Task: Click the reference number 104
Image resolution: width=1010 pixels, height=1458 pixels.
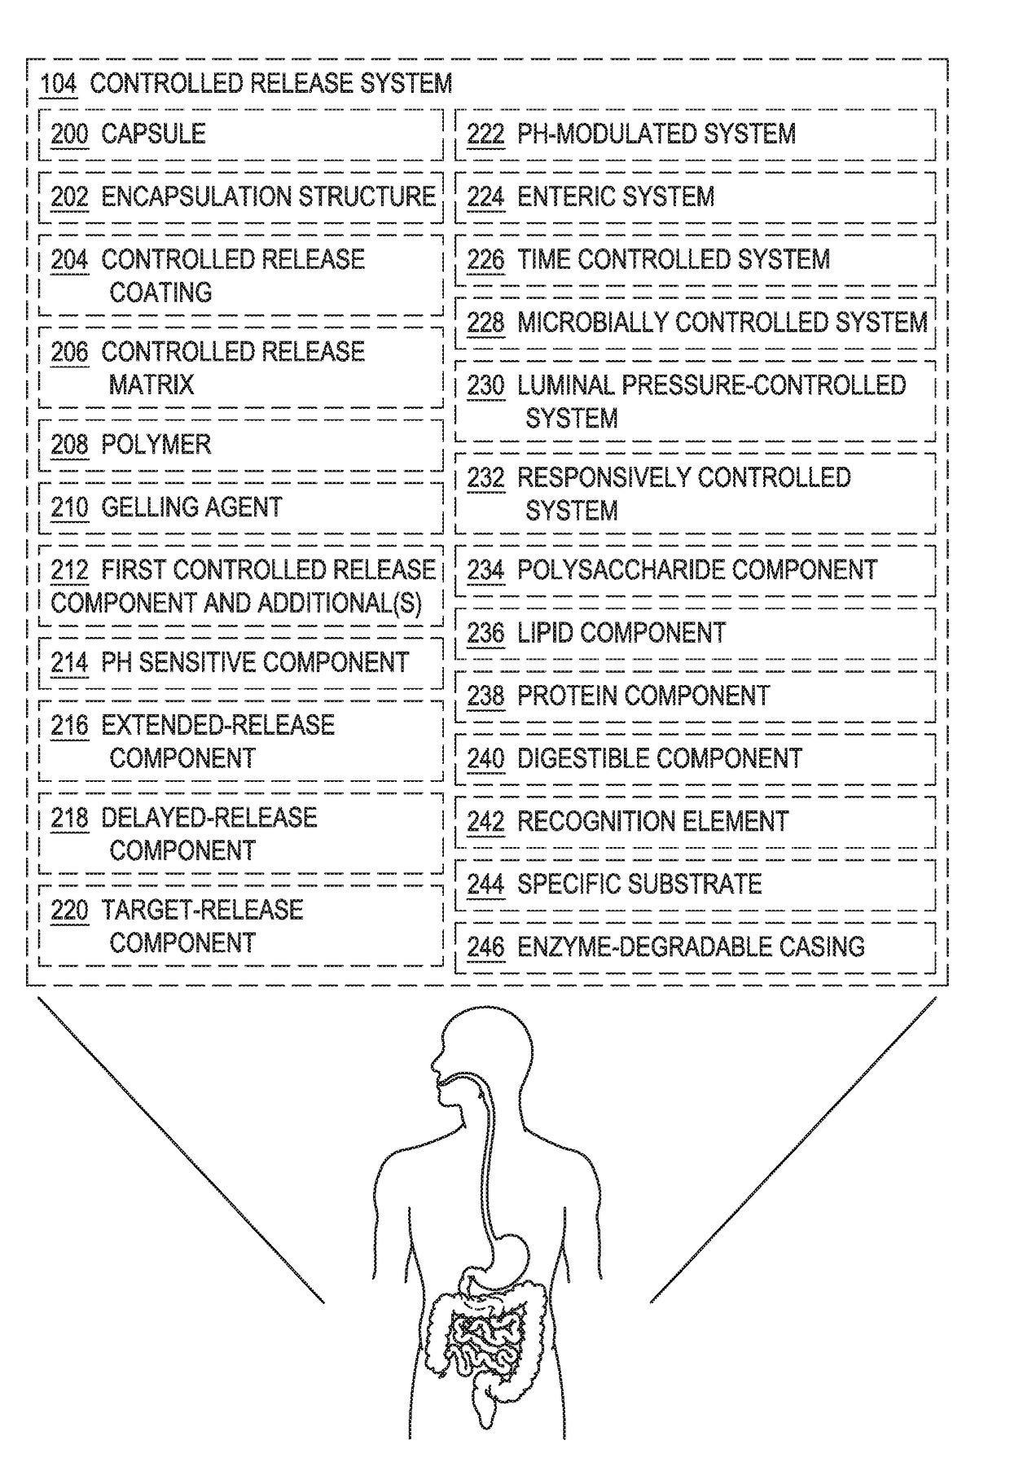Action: (x=58, y=83)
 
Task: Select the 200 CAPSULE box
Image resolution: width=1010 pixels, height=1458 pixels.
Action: (x=240, y=134)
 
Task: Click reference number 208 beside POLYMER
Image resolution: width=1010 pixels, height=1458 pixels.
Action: (x=69, y=445)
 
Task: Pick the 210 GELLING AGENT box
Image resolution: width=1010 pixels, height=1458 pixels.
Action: (x=240, y=507)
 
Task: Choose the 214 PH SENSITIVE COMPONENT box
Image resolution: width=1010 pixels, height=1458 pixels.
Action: (x=240, y=662)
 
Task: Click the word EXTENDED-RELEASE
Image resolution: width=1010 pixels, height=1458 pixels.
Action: (x=217, y=725)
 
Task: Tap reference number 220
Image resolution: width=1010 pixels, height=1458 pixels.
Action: (x=69, y=910)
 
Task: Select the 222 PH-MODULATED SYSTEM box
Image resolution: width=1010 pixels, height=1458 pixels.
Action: (x=695, y=134)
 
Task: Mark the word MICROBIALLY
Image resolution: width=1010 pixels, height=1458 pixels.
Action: (x=592, y=323)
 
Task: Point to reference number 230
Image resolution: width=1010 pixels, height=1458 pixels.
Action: (x=485, y=385)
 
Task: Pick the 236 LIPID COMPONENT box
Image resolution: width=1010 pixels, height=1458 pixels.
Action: (x=695, y=633)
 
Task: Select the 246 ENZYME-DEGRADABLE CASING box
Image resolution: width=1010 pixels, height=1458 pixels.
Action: (x=695, y=946)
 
